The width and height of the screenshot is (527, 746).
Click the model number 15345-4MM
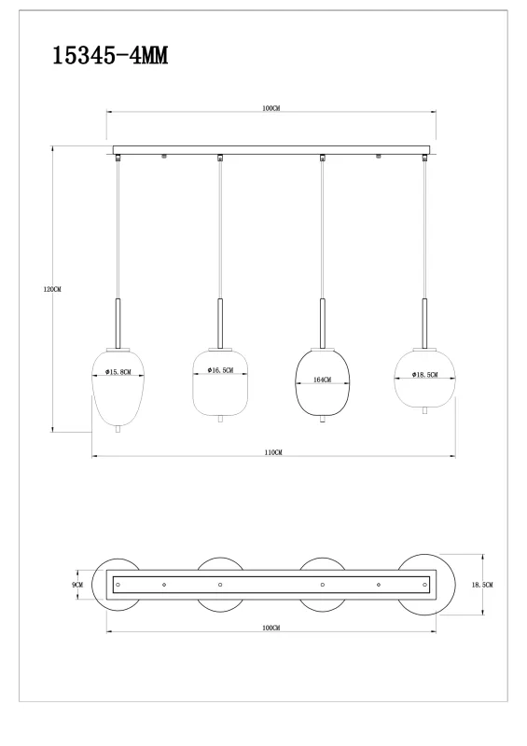[109, 55]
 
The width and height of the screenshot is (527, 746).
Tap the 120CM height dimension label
[52, 289]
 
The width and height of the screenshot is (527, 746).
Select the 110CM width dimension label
[272, 451]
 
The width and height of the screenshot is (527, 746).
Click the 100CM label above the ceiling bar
[271, 109]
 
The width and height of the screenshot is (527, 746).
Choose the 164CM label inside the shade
[322, 380]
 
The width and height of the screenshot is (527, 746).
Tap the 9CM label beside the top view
[78, 585]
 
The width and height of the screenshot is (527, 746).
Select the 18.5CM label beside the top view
[483, 585]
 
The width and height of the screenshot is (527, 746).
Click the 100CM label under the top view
[271, 629]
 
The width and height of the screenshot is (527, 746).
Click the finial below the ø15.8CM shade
[118, 430]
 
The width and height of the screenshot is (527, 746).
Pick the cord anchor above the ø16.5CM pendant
[220, 159]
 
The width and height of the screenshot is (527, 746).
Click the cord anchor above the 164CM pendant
[322, 159]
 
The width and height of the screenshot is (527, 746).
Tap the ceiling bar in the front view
[272, 149]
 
